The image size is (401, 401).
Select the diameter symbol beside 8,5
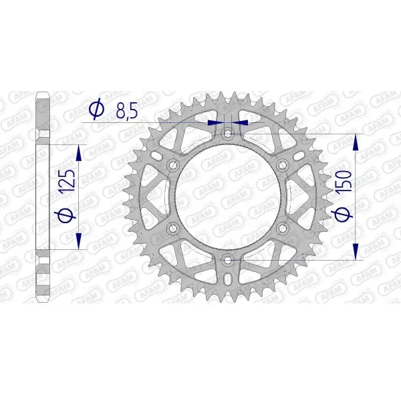(96, 109)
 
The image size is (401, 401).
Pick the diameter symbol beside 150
(341, 214)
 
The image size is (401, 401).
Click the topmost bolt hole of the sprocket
(228, 134)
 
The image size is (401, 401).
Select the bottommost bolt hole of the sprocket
(228, 259)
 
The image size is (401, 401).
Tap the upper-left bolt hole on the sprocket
(174, 165)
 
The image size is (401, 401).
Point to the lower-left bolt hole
(174, 228)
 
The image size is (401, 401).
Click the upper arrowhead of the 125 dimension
(79, 154)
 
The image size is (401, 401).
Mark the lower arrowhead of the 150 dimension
(356, 251)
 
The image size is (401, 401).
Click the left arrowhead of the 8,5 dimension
(215, 123)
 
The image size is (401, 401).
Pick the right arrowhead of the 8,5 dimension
(241, 123)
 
